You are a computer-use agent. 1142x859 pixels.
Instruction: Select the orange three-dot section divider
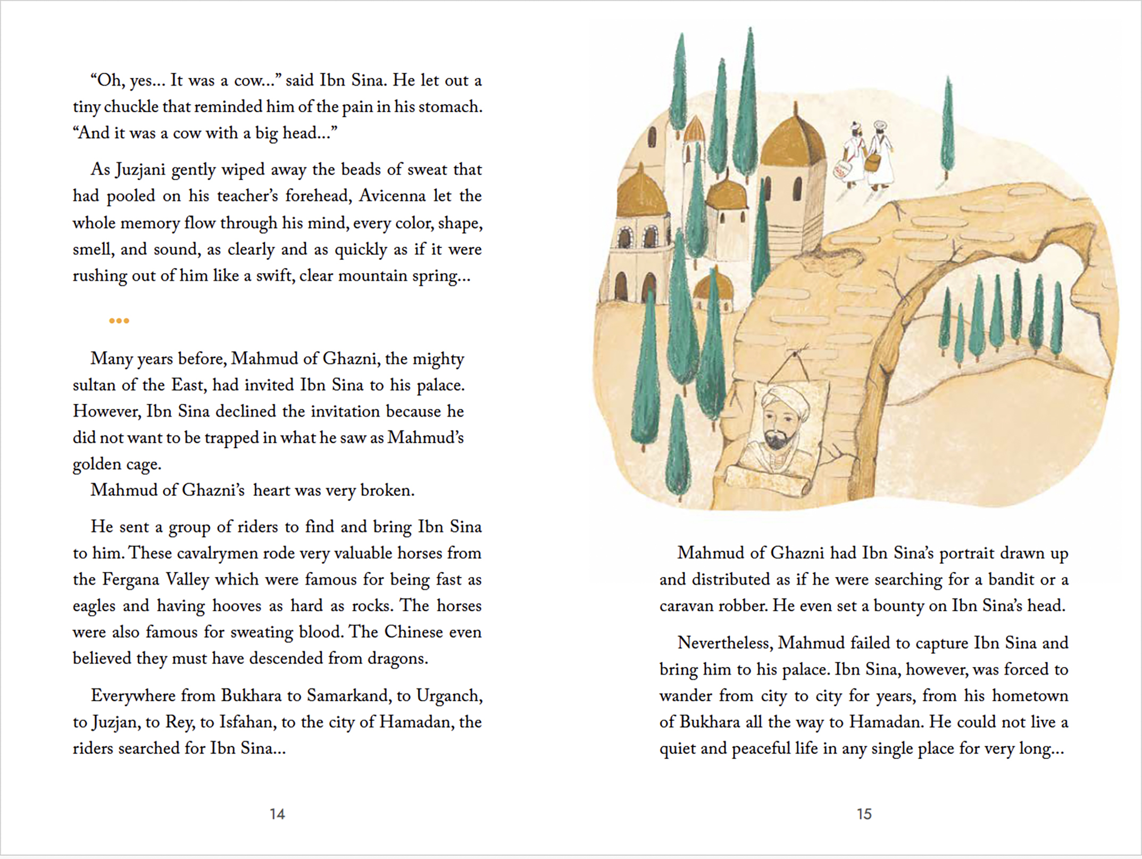(119, 321)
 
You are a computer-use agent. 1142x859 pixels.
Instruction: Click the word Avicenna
(392, 196)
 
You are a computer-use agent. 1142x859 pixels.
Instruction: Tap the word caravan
(686, 606)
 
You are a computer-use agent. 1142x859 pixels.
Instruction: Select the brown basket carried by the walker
(872, 163)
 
